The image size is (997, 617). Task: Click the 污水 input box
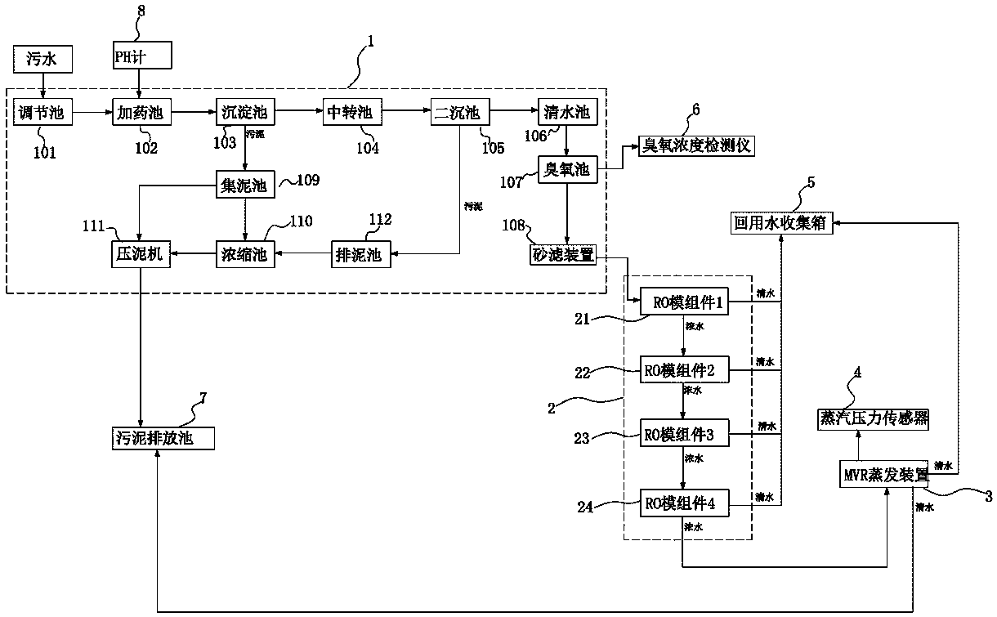coord(44,58)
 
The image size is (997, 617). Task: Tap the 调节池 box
coord(43,112)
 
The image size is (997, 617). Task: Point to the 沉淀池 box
coord(245,112)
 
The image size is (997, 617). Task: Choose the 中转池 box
coord(348,112)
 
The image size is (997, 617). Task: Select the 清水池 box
coord(565,112)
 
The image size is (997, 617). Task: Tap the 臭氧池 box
coord(567,170)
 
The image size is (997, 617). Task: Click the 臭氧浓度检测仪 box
coord(696,147)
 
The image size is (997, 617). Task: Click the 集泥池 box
coord(245,185)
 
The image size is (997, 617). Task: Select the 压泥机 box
coord(139,254)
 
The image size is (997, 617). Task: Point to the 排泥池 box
coord(357,254)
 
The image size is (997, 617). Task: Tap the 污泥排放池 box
coord(163,439)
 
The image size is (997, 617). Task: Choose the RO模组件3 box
coord(684,435)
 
